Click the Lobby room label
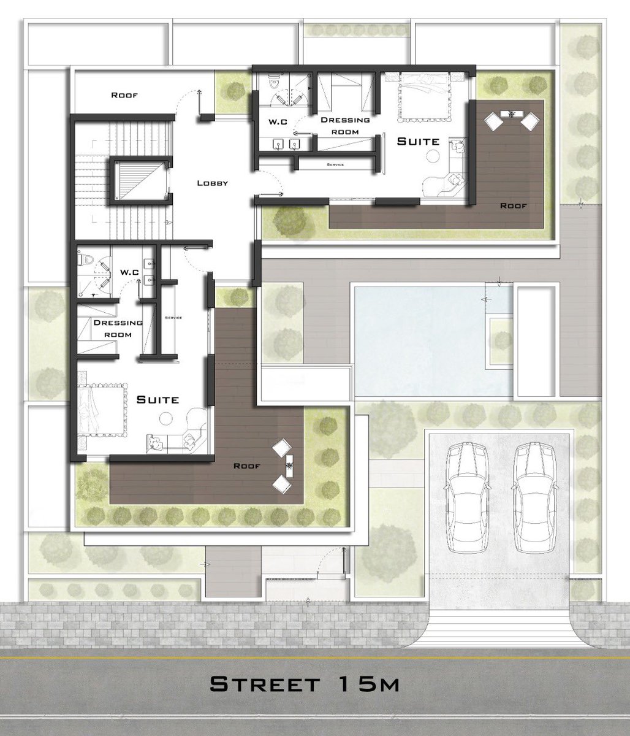(x=213, y=183)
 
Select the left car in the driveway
(x=468, y=497)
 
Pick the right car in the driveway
(x=536, y=497)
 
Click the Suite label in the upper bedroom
(x=418, y=141)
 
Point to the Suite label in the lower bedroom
(x=157, y=399)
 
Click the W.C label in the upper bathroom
(x=278, y=122)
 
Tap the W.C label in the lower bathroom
(x=129, y=272)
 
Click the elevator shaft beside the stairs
(x=141, y=180)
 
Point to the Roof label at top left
(x=124, y=95)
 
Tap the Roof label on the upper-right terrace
(x=514, y=205)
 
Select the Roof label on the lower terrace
(x=247, y=466)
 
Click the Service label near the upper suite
(x=335, y=164)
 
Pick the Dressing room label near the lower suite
(x=118, y=328)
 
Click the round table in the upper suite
(x=433, y=156)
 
